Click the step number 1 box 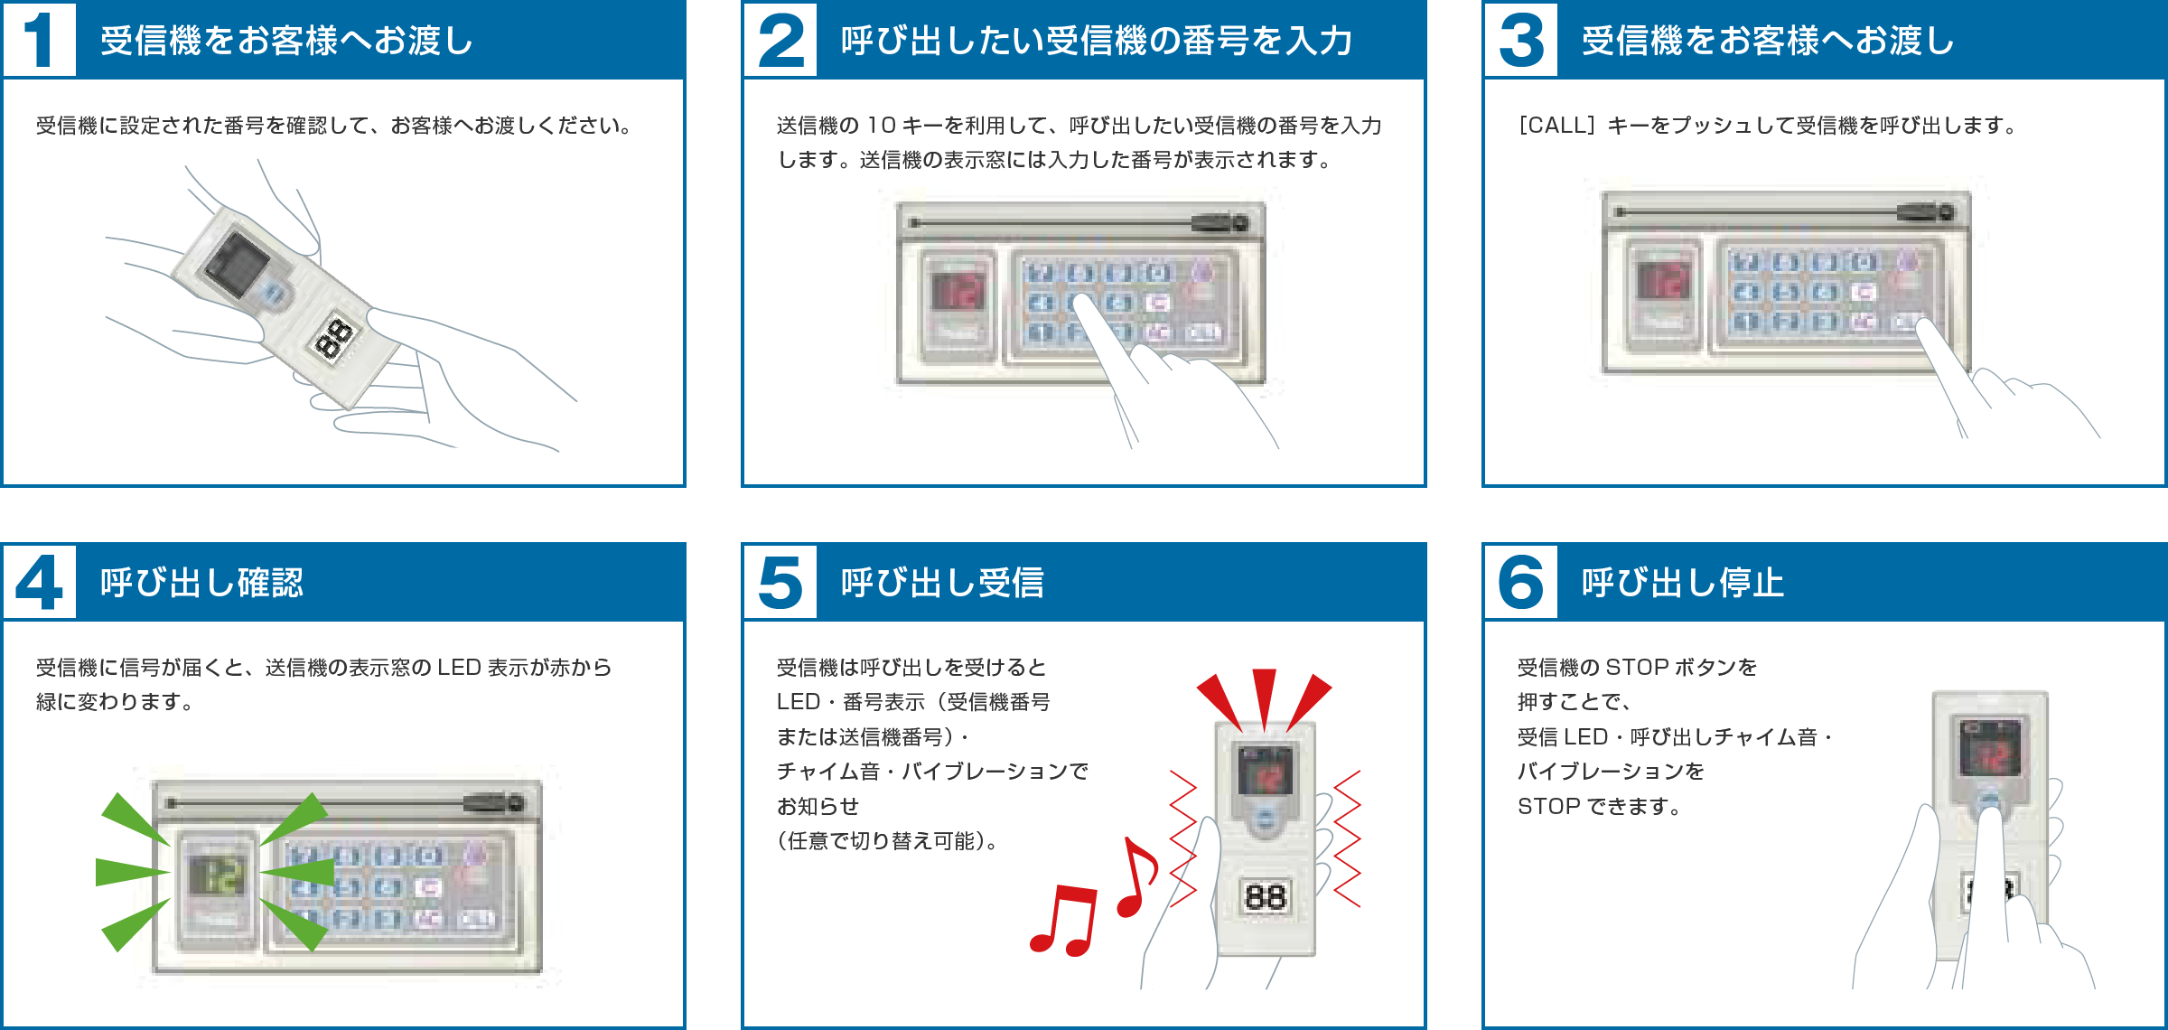point(39,40)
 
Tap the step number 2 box point(780,40)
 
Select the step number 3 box point(1521,40)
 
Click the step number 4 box point(39,582)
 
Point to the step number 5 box point(780,582)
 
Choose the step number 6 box point(1521,582)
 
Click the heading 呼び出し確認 point(201,583)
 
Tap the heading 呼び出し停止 point(1682,583)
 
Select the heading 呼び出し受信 point(942,583)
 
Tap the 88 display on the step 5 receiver point(1265,896)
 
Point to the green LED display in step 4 point(217,875)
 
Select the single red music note point(1138,876)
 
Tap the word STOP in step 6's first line point(1637,668)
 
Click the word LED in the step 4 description point(459,668)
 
